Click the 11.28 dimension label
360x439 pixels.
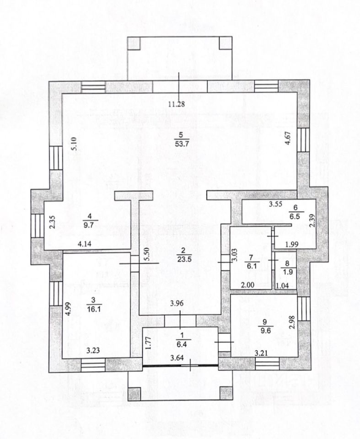tap(177, 104)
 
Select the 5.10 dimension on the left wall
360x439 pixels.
tap(75, 144)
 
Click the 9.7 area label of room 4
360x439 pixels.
tap(89, 225)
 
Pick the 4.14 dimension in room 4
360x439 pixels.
tap(84, 244)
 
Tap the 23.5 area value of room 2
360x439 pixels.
tap(184, 259)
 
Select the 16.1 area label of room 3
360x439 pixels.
tap(94, 310)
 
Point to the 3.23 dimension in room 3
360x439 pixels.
tap(93, 351)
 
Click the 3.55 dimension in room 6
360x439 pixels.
tap(275, 204)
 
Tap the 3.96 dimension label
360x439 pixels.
tap(177, 303)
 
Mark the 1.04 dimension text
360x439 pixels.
tap(282, 285)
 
